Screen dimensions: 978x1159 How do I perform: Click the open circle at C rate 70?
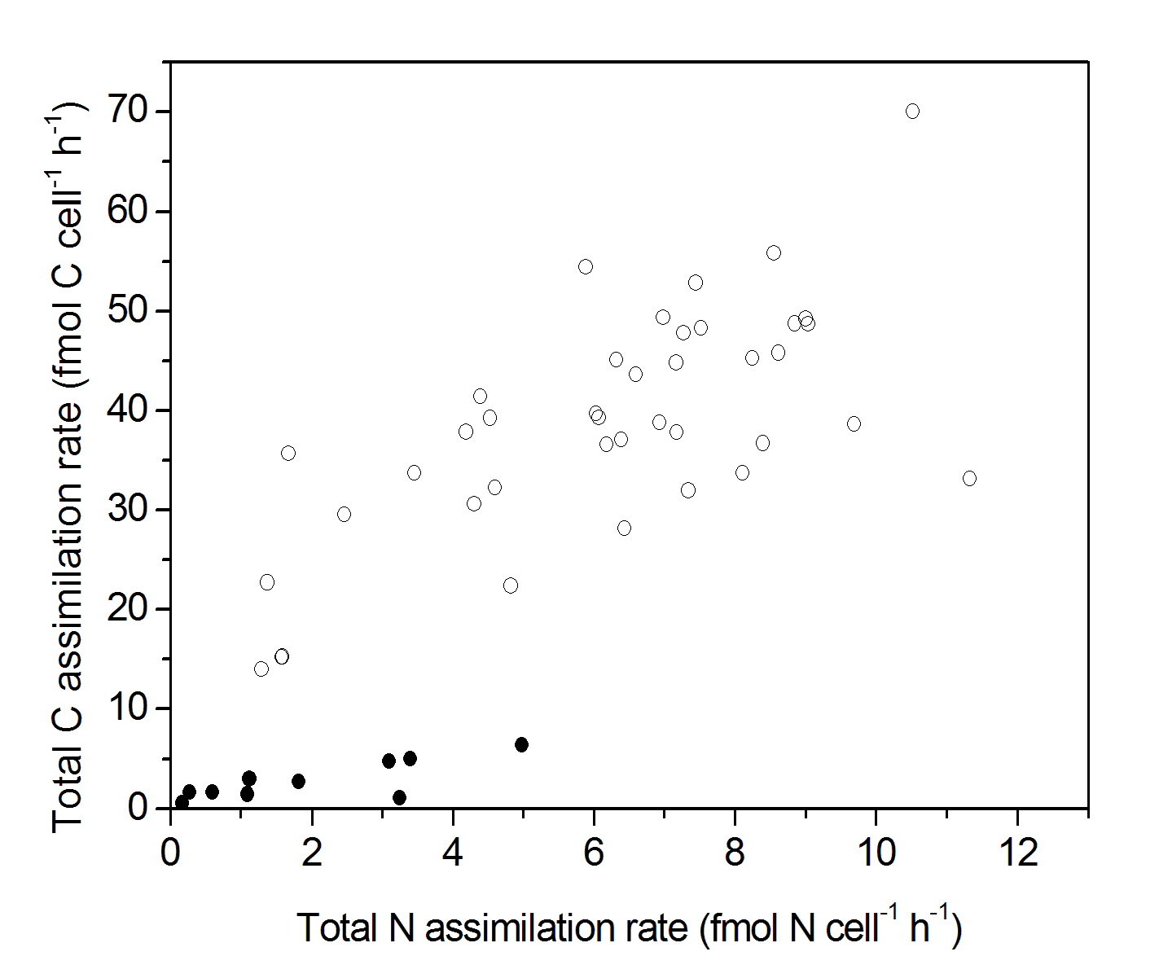[912, 111]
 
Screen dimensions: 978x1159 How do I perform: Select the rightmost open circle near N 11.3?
[969, 478]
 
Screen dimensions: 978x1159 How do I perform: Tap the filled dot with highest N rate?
[521, 744]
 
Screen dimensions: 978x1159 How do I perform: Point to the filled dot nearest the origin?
[182, 802]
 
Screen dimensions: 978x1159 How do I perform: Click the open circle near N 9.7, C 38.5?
[854, 423]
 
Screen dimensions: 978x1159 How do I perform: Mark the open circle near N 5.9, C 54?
[585, 266]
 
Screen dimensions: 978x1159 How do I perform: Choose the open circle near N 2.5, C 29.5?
[344, 514]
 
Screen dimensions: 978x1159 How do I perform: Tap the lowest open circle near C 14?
[261, 669]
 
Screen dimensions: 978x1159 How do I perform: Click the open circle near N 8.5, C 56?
[774, 252]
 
